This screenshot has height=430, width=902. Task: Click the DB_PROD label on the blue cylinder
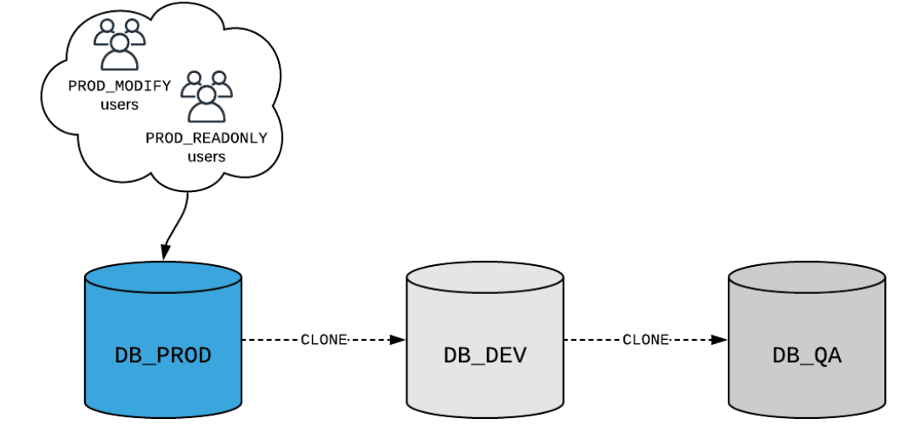pos(162,354)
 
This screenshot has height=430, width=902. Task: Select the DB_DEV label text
pos(485,354)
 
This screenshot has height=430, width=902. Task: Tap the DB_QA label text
pos(807,354)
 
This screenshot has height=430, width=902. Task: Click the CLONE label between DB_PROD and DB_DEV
pos(324,340)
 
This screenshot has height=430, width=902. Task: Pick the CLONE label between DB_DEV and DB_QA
pos(646,340)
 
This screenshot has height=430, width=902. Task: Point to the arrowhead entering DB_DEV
pos(398,340)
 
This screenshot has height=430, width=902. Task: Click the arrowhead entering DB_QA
pos(720,340)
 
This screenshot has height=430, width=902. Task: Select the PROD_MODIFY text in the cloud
pos(120,86)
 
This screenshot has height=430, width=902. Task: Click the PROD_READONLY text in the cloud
pos(206,138)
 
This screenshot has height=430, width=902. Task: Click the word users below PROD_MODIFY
pos(119,105)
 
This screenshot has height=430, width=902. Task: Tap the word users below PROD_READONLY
pos(206,156)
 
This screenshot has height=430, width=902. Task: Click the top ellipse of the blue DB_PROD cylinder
pos(163,279)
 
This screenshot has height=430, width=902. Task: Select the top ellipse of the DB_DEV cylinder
pos(485,279)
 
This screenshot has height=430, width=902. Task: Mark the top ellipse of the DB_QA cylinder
pos(807,279)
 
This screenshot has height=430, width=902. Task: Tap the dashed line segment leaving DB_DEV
pos(591,340)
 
